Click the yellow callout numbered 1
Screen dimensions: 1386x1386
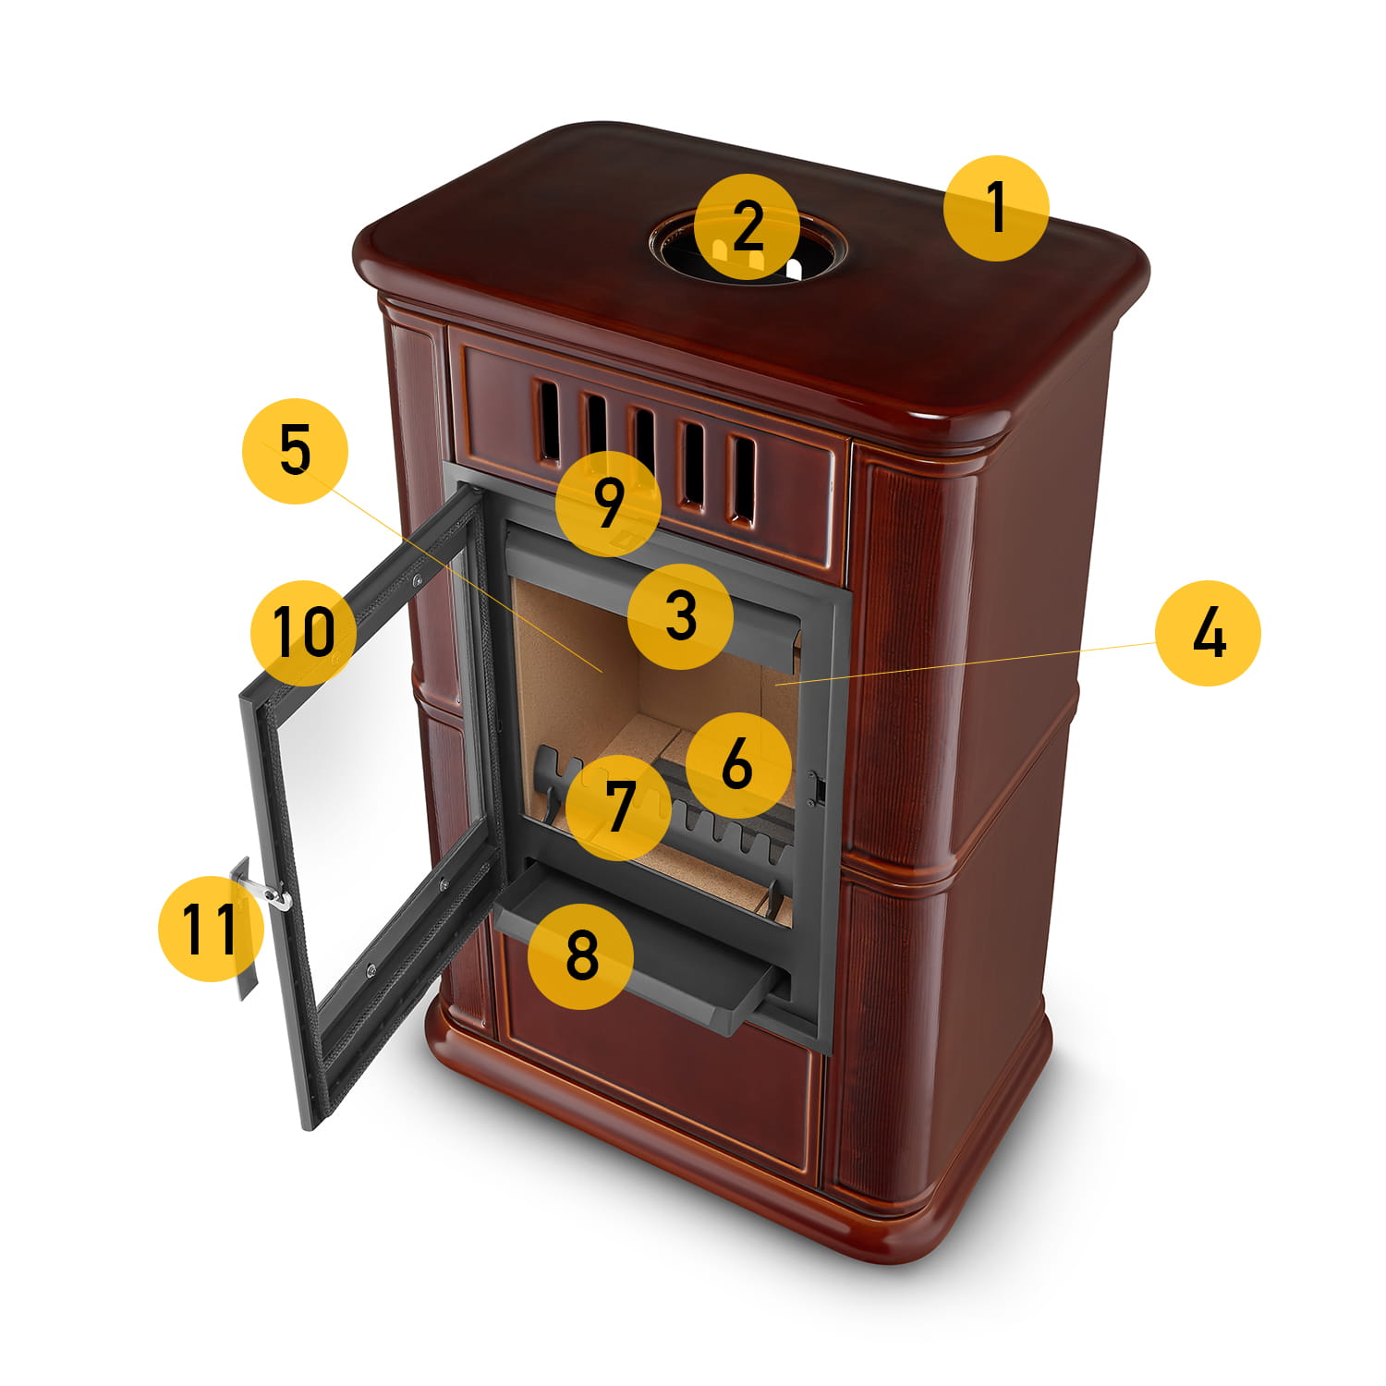996,208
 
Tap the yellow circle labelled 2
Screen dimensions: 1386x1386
748,226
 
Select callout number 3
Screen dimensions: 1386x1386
680,616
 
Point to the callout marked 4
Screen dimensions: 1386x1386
1208,633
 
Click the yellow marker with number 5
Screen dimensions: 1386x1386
295,451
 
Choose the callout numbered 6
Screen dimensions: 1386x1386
737,765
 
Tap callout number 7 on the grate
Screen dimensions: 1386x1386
618,807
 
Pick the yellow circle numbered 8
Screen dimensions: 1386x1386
580,955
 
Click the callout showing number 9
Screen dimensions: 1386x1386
608,504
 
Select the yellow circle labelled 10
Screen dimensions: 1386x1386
304,632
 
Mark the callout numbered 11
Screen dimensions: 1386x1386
211,928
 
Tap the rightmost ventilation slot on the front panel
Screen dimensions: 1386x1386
742,479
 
